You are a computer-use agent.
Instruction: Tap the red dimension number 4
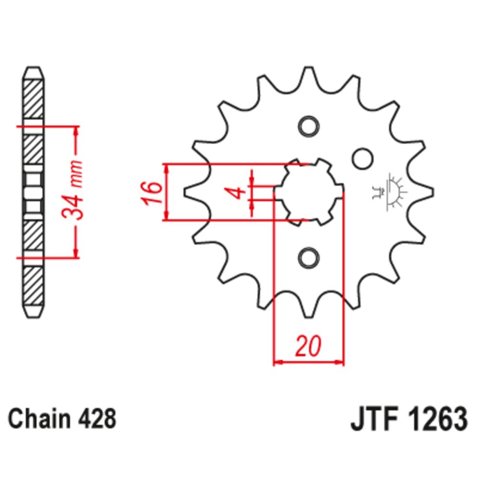coord(237,193)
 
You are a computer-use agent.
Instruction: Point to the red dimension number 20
coord(308,347)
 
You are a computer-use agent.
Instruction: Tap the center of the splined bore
coord(309,192)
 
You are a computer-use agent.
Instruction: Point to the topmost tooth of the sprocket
coord(308,72)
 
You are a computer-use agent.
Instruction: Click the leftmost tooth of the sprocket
coord(188,193)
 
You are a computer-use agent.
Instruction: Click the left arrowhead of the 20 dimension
coord(277,363)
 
